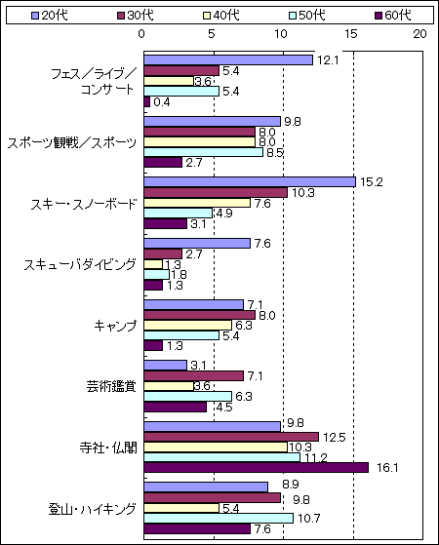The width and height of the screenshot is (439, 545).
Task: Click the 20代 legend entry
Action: pyautogui.click(x=49, y=16)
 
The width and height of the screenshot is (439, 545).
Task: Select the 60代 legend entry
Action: pyautogui.click(x=393, y=16)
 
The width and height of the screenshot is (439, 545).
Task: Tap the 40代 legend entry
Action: pyautogui.click(x=221, y=16)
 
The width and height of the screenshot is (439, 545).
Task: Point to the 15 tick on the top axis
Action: pyautogui.click(x=351, y=34)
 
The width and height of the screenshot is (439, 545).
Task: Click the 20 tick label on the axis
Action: pyautogui.click(x=419, y=34)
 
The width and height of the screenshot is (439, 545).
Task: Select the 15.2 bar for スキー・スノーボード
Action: pyautogui.click(x=250, y=182)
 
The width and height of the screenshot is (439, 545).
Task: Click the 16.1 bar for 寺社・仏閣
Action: pyautogui.click(x=257, y=467)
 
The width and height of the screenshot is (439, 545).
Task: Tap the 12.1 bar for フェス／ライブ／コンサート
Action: pyautogui.click(x=228, y=60)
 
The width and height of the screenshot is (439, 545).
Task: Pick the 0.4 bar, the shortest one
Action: pyautogui.click(x=146, y=101)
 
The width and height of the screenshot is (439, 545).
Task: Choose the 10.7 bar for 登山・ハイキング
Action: pyautogui.click(x=219, y=519)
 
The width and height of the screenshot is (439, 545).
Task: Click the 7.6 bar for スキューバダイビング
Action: pyautogui.click(x=197, y=244)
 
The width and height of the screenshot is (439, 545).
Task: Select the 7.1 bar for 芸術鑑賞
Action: pyautogui.click(x=193, y=375)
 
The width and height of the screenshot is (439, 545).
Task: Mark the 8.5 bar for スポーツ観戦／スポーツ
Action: pyautogui.click(x=204, y=152)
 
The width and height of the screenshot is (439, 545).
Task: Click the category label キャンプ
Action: pyautogui.click(x=115, y=326)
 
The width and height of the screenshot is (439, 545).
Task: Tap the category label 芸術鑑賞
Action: pyautogui.click(x=111, y=386)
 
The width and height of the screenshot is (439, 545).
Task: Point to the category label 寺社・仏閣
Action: pyautogui.click(x=108, y=448)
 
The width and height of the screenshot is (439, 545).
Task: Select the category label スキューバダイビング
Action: pyautogui.click(x=80, y=264)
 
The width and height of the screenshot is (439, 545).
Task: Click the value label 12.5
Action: pyautogui.click(x=334, y=437)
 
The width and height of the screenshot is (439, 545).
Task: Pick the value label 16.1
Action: pyautogui.click(x=387, y=468)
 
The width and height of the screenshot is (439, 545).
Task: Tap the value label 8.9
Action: pyautogui.click(x=291, y=485)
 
